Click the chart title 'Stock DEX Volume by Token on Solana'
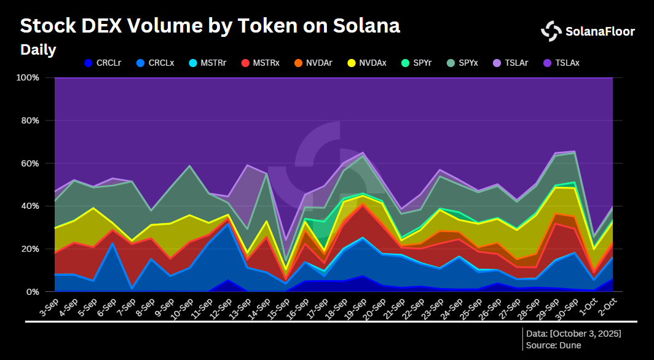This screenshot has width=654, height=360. point(210,26)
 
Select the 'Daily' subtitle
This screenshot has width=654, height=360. point(38,50)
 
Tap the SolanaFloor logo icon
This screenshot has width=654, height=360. point(551,31)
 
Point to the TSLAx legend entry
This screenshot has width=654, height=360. point(561,63)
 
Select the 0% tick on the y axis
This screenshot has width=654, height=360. point(33,292)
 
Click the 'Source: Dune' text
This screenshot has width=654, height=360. point(553,345)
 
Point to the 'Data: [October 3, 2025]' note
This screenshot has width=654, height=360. point(573,333)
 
